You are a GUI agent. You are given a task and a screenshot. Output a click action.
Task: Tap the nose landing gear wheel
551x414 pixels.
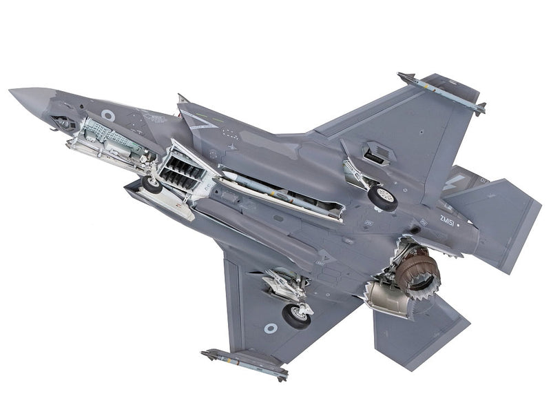point(152,184)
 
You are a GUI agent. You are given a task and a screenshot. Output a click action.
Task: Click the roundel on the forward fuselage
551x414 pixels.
point(108,115)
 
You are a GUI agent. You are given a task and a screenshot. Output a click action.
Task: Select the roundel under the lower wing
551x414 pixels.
point(271,328)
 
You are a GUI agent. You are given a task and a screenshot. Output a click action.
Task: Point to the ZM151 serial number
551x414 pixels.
point(448,220)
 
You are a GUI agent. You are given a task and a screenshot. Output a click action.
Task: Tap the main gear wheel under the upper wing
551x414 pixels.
point(383,196)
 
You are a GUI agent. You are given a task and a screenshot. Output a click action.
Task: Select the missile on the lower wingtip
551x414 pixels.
point(245,362)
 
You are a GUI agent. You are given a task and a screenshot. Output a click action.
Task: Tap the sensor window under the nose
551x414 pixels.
point(64,123)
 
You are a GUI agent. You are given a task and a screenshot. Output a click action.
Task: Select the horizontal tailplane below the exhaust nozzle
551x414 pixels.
point(420,331)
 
